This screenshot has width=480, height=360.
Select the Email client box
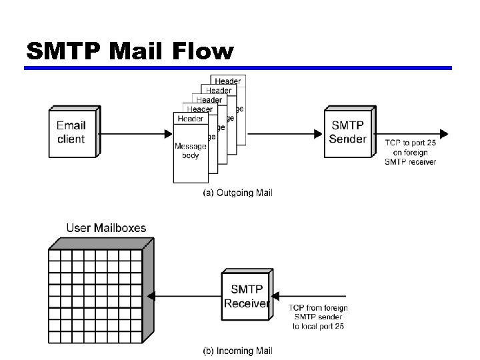pyautogui.click(x=71, y=132)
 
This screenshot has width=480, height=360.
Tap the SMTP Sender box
pyautogui.click(x=347, y=132)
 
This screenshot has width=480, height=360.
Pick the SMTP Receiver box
pyautogui.click(x=246, y=297)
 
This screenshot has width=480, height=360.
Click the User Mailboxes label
pyautogui.click(x=106, y=228)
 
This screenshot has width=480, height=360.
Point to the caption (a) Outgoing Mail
pyautogui.click(x=237, y=193)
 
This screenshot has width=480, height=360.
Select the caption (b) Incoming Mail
pyautogui.click(x=237, y=351)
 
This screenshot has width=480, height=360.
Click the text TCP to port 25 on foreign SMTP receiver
pyautogui.click(x=411, y=152)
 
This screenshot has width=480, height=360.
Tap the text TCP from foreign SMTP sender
pyautogui.click(x=318, y=317)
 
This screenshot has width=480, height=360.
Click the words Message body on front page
pyautogui.click(x=190, y=151)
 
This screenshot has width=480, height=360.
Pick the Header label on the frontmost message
pyautogui.click(x=190, y=119)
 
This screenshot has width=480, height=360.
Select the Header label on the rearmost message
pyautogui.click(x=228, y=81)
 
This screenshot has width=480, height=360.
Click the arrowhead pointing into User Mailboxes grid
pyautogui.click(x=151, y=296)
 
